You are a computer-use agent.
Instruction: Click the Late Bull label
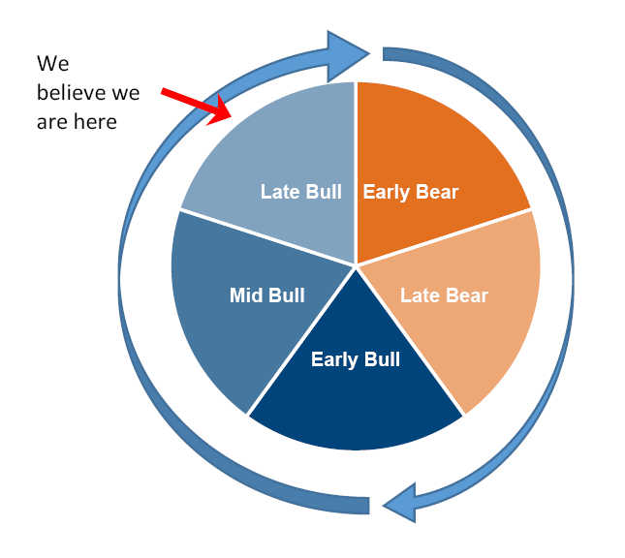[x=300, y=192]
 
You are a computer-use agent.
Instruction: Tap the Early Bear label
[x=410, y=192]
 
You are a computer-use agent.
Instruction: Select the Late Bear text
[x=444, y=295]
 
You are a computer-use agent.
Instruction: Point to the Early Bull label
[x=355, y=360]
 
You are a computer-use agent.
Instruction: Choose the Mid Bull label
[x=266, y=295]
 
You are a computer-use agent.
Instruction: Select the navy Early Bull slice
[x=355, y=407]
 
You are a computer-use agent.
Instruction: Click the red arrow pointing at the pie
[x=194, y=103]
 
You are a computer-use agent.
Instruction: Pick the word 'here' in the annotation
[x=95, y=122]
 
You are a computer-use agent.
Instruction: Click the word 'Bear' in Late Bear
[x=466, y=295]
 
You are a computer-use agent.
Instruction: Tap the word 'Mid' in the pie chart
[x=246, y=295]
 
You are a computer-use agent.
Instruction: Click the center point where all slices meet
[x=356, y=263]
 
